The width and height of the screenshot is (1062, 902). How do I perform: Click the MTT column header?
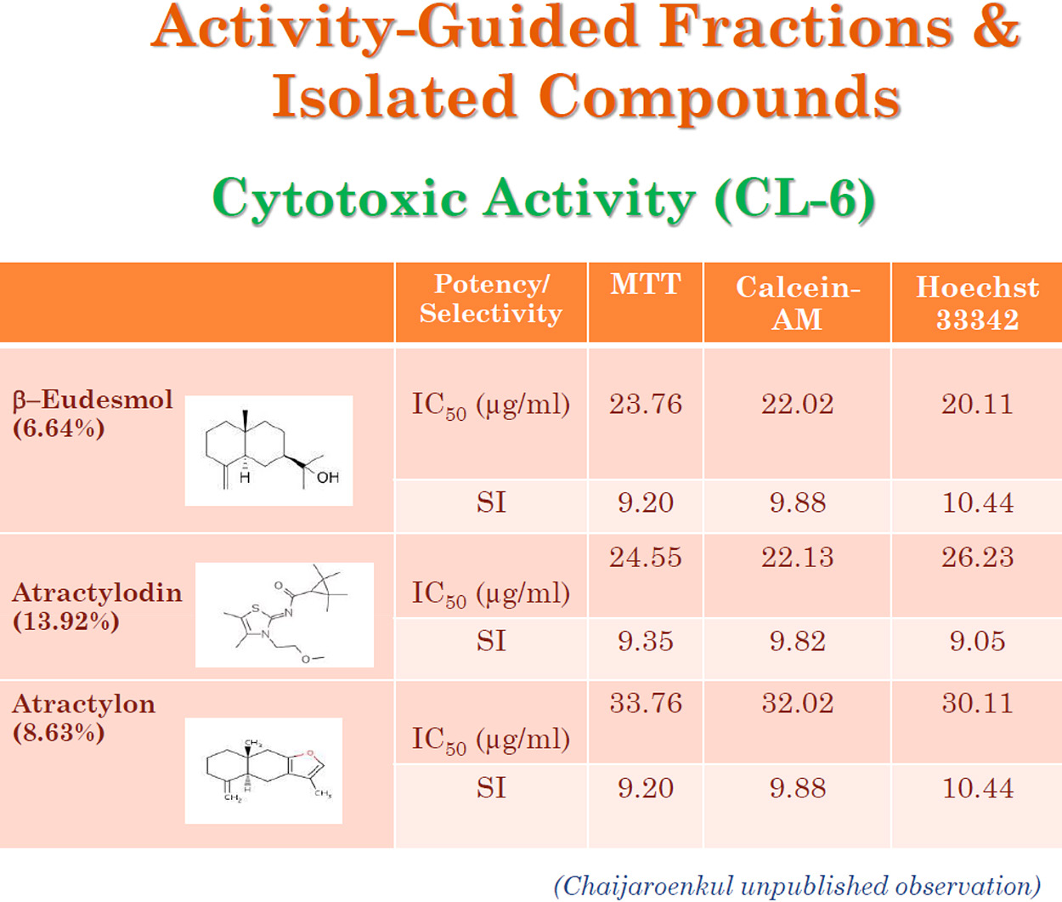[x=646, y=284]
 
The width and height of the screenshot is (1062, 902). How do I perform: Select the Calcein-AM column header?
[x=798, y=303]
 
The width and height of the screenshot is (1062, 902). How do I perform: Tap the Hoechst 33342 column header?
[x=977, y=303]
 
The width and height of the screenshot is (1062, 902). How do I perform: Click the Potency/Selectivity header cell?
[x=491, y=298]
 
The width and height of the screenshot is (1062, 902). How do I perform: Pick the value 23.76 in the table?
[x=646, y=404]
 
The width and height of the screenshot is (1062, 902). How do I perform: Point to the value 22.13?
[x=798, y=557]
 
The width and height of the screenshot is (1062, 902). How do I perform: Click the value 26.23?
[x=977, y=557]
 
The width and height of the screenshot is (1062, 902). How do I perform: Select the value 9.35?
[x=646, y=641]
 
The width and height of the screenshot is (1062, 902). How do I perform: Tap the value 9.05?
[x=977, y=641]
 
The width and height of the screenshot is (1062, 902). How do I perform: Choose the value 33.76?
[x=646, y=703]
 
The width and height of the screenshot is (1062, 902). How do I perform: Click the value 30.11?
[x=977, y=703]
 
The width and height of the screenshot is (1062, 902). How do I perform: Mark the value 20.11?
[x=977, y=404]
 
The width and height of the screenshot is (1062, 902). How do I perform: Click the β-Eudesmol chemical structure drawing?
[x=268, y=451]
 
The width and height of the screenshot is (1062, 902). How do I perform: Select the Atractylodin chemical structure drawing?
[x=285, y=615]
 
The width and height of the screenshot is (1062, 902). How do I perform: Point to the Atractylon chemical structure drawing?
[x=263, y=770]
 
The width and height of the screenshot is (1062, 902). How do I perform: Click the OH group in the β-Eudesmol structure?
[x=328, y=478]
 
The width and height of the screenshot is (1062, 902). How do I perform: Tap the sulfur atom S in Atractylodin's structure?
[x=256, y=609]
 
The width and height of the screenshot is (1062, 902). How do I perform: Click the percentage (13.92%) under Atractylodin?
[x=66, y=622]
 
